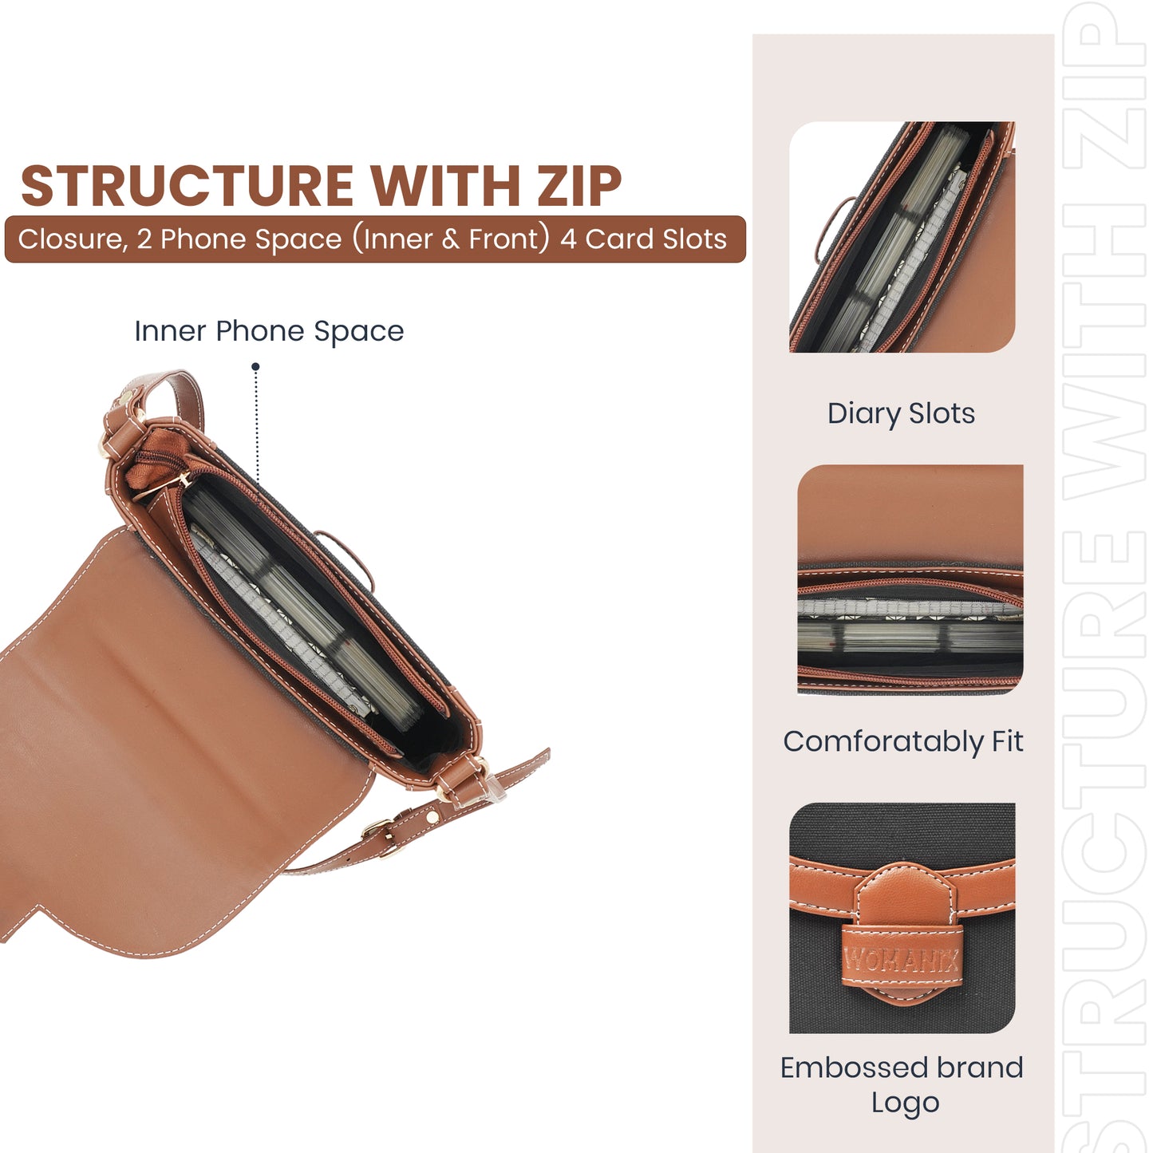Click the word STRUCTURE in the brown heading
coord(187,185)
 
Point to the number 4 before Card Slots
coord(568,239)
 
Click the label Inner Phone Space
coord(269,331)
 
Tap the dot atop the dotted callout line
coord(255,366)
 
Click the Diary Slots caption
coord(901,413)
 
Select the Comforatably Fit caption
coord(903,742)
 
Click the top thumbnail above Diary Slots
coord(902,237)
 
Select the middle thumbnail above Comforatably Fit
coord(910,579)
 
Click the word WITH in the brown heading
coord(445,185)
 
